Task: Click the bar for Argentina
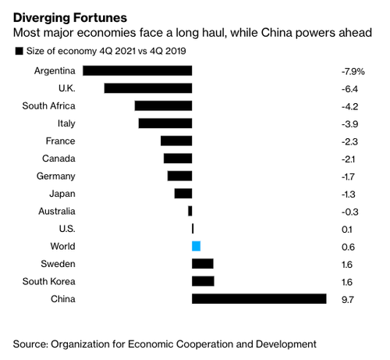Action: pos(137,71)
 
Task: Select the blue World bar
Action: pos(196,246)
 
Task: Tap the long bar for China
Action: pos(259,299)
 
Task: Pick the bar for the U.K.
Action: pos(148,88)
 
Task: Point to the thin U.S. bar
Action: pos(193,229)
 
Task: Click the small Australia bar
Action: pos(190,211)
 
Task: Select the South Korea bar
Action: pos(203,281)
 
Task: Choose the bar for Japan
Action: pos(183,194)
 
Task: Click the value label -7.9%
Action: pos(353,71)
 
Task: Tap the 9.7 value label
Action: pos(348,300)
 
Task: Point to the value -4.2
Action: pos(349,106)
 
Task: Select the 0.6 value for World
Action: pos(348,247)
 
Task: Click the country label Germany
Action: pos(56,176)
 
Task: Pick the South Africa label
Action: pos(48,106)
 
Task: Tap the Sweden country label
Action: pos(58,264)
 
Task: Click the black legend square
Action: pos(19,51)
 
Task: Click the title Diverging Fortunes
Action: pos(70,18)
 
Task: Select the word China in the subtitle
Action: pos(277,33)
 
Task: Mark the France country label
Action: pos(61,141)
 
